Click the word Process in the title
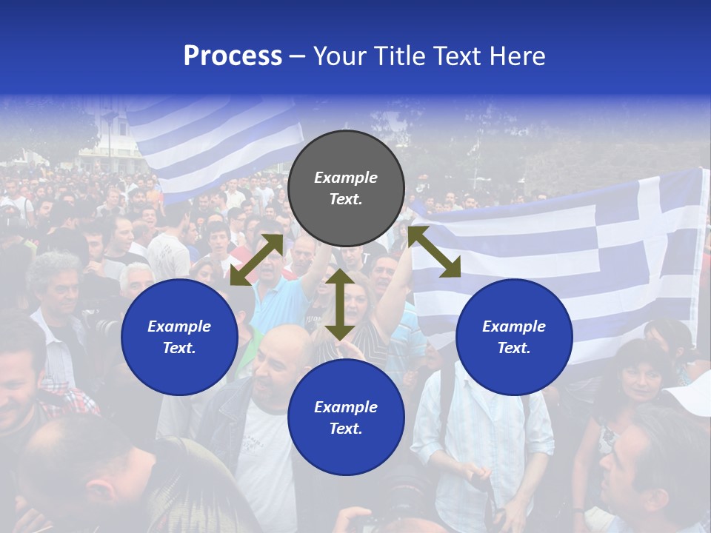[x=233, y=56]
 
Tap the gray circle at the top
[x=346, y=188]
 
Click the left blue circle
[x=179, y=337]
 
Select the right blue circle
[x=514, y=337]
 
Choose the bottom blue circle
[x=346, y=418]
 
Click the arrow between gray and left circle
[x=256, y=260]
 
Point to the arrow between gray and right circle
[x=434, y=252]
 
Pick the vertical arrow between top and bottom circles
[x=340, y=304]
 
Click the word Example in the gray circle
[x=346, y=178]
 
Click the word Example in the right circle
[x=514, y=326]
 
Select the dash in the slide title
[x=298, y=56]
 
